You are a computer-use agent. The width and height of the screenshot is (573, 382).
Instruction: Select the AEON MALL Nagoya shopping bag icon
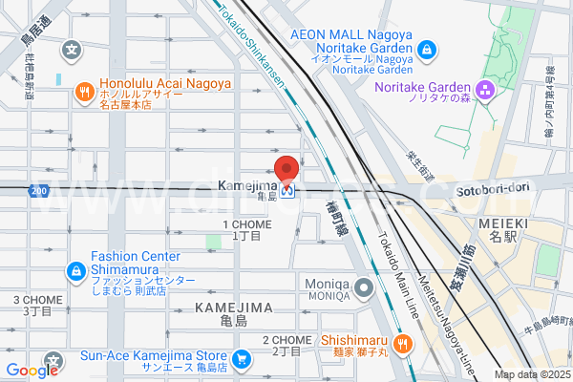[426, 49]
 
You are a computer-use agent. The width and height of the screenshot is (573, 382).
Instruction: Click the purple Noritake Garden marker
[486, 91]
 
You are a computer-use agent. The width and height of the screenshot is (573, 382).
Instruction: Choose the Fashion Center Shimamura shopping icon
[75, 271]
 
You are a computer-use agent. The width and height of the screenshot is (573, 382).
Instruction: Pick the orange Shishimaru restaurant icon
[404, 345]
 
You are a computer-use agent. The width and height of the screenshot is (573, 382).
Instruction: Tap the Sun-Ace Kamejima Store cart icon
[243, 360]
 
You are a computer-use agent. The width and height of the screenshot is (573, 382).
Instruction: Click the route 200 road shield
[37, 192]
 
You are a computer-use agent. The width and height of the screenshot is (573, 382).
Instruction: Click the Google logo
[32, 371]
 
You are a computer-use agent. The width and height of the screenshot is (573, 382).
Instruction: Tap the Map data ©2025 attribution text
[530, 373]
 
